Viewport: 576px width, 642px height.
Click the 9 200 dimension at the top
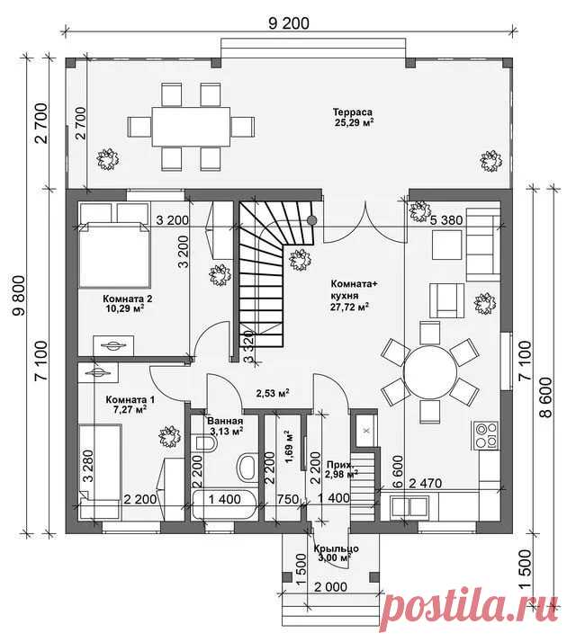(289, 23)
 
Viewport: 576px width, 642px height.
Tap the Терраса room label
(353, 111)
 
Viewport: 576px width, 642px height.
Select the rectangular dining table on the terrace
(191, 127)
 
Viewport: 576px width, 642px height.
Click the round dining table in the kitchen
(430, 371)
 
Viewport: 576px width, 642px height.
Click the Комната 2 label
(121, 299)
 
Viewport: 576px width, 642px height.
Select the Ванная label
(225, 422)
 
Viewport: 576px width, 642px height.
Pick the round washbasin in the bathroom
(247, 468)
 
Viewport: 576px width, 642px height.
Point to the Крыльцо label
(337, 548)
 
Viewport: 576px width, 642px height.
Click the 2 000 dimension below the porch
(330, 587)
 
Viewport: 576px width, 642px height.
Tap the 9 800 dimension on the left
(19, 296)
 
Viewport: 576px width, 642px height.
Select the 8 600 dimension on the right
(546, 397)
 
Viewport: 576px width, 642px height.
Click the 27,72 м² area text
(349, 307)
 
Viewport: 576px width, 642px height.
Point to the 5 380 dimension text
(446, 220)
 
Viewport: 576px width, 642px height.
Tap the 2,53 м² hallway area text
(273, 394)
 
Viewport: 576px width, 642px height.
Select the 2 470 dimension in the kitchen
(426, 484)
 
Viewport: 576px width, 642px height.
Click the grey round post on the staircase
(312, 220)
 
